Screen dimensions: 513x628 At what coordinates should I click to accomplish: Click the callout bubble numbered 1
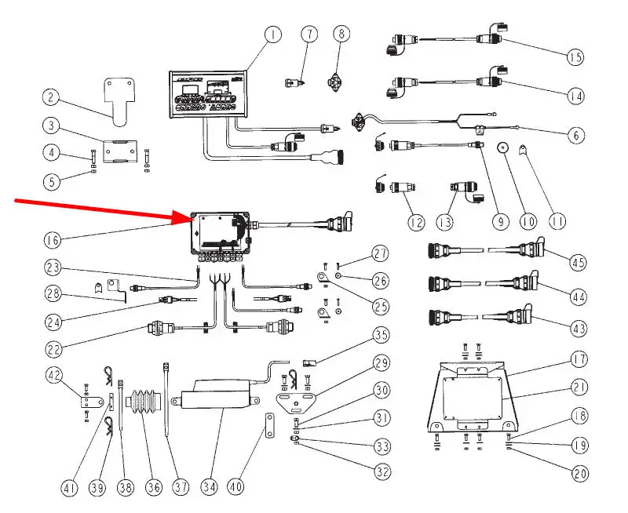tap(272, 35)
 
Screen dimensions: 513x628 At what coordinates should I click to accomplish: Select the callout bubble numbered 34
tap(207, 487)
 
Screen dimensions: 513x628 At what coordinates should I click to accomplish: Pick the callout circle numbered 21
tap(579, 387)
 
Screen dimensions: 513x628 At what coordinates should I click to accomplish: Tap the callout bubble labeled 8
tap(340, 35)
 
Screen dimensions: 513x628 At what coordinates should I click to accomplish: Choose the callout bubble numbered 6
tap(577, 135)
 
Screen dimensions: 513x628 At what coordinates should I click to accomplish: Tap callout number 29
tap(382, 364)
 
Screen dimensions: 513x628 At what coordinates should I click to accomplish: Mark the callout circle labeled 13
tap(445, 223)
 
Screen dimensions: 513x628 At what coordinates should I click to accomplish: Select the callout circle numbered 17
tap(579, 360)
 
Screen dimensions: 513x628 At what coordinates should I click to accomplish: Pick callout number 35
tap(382, 337)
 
